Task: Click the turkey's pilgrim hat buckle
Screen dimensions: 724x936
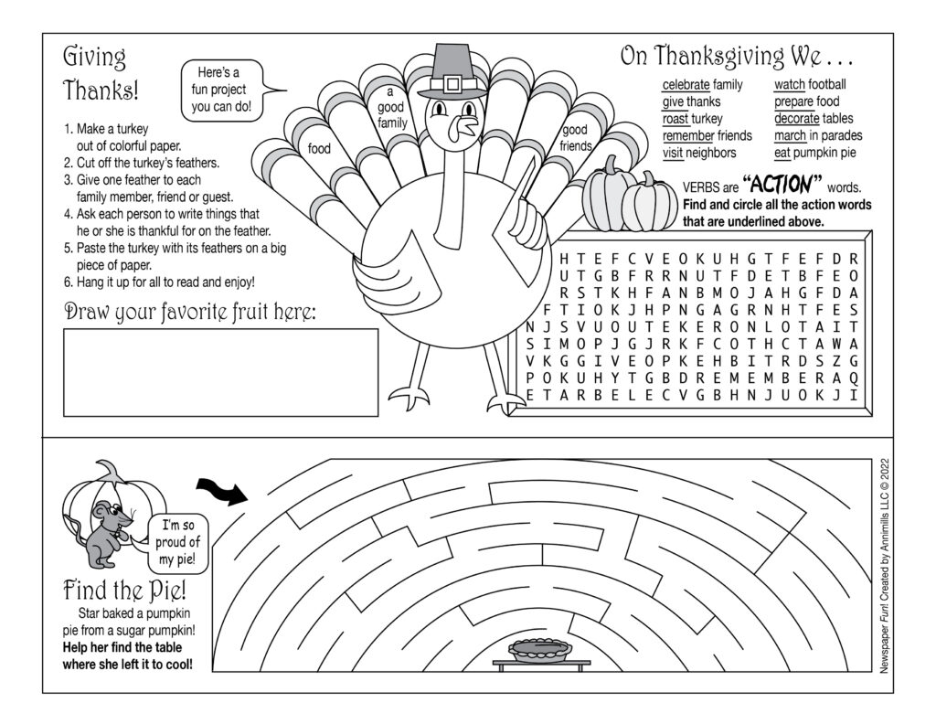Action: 448,85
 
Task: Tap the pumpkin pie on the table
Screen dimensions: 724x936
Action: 541,650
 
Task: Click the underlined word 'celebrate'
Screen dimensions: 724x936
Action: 686,85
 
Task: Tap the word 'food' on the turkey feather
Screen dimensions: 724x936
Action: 319,148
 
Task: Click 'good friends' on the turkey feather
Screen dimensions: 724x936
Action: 576,138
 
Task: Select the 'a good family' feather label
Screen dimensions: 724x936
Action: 392,108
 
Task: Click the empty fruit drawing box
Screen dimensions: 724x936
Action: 220,371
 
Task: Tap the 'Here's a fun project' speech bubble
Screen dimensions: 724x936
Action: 222,90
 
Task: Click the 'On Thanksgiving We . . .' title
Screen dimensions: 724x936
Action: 737,57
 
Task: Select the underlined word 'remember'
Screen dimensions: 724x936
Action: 688,136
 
